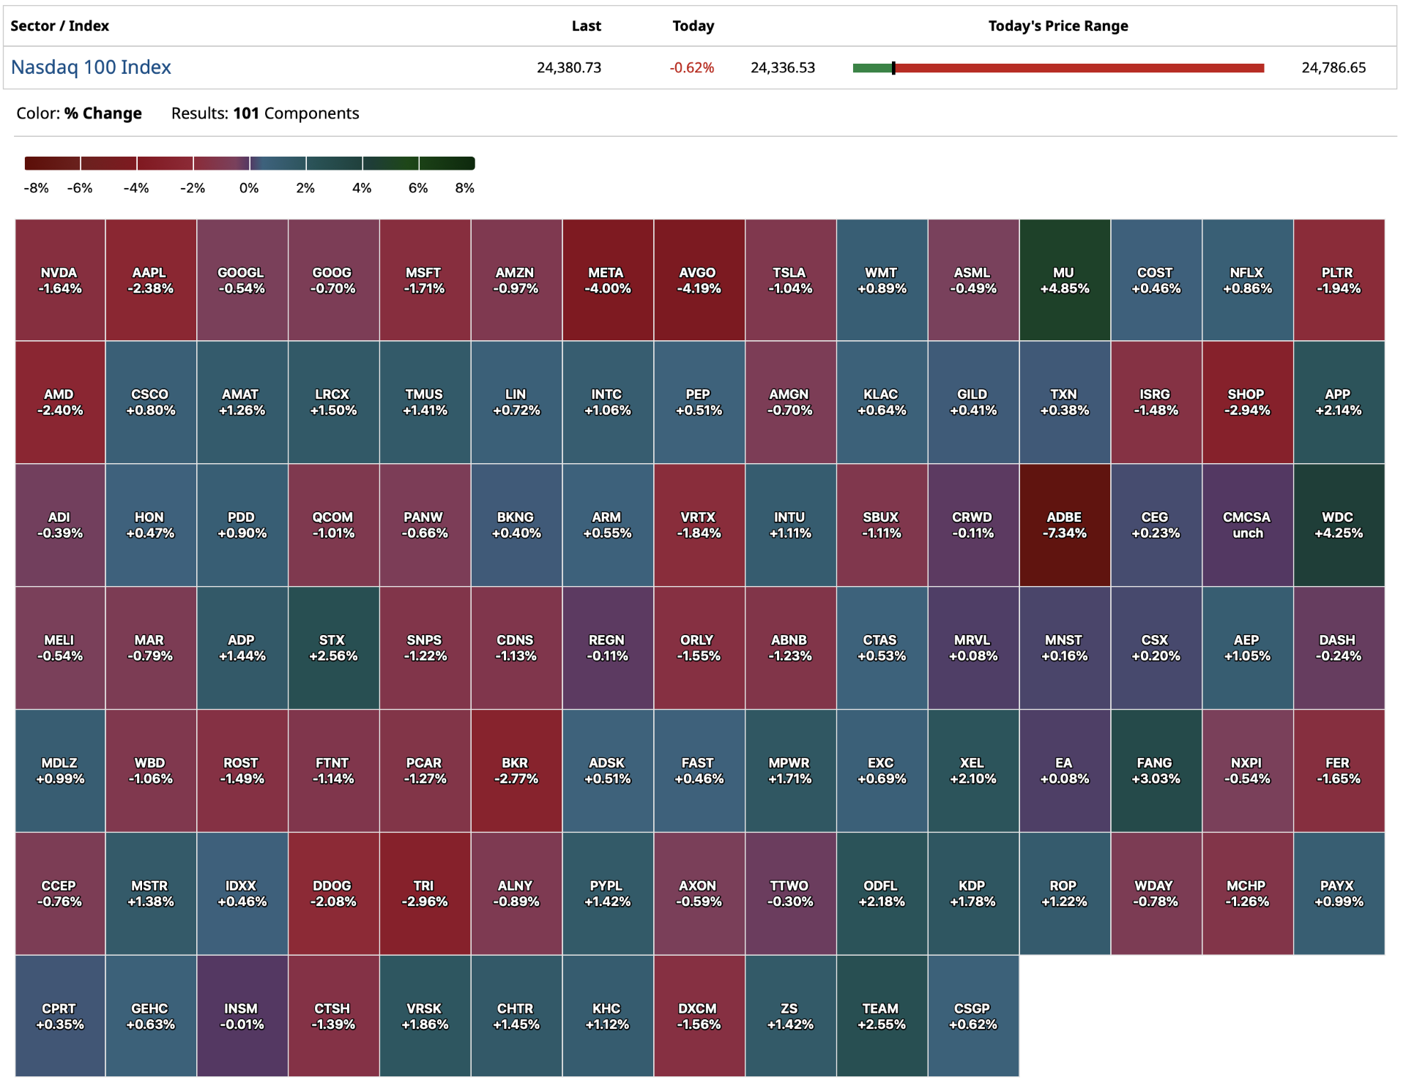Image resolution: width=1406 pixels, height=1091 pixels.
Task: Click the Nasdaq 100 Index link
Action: pos(91,67)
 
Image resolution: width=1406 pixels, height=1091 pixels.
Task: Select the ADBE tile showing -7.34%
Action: pos(1064,525)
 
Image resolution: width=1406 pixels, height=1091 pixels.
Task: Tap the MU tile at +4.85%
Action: pos(1064,280)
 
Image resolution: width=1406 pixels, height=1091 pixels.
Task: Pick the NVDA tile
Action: pos(60,280)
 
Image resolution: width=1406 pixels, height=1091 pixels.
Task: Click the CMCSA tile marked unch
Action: pos(1246,525)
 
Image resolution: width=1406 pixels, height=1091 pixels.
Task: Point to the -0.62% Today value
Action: pos(691,68)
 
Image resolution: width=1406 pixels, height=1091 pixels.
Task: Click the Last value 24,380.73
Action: pos(568,68)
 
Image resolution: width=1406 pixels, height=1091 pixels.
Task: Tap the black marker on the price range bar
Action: pos(893,68)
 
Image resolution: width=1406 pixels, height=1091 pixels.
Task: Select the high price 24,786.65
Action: pos(1333,68)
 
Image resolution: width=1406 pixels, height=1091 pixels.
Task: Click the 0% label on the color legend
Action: pos(249,188)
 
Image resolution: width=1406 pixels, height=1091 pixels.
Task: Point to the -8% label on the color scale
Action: pos(36,188)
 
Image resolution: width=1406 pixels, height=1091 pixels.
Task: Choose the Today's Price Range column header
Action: pos(1057,26)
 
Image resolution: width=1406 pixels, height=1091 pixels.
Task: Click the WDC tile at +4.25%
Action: pos(1338,525)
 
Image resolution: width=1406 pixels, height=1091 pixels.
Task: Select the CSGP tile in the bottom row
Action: pos(972,1016)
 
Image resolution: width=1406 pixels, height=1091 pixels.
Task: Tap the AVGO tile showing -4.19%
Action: pos(699,280)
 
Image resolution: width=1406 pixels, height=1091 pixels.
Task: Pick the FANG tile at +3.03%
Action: pos(1156,771)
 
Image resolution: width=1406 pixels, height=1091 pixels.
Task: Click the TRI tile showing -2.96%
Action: pos(424,893)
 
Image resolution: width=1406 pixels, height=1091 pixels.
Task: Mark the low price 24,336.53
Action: pos(782,68)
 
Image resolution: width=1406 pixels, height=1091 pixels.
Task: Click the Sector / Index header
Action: pos(59,26)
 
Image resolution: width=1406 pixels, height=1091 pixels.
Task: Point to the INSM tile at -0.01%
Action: pos(242,1016)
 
